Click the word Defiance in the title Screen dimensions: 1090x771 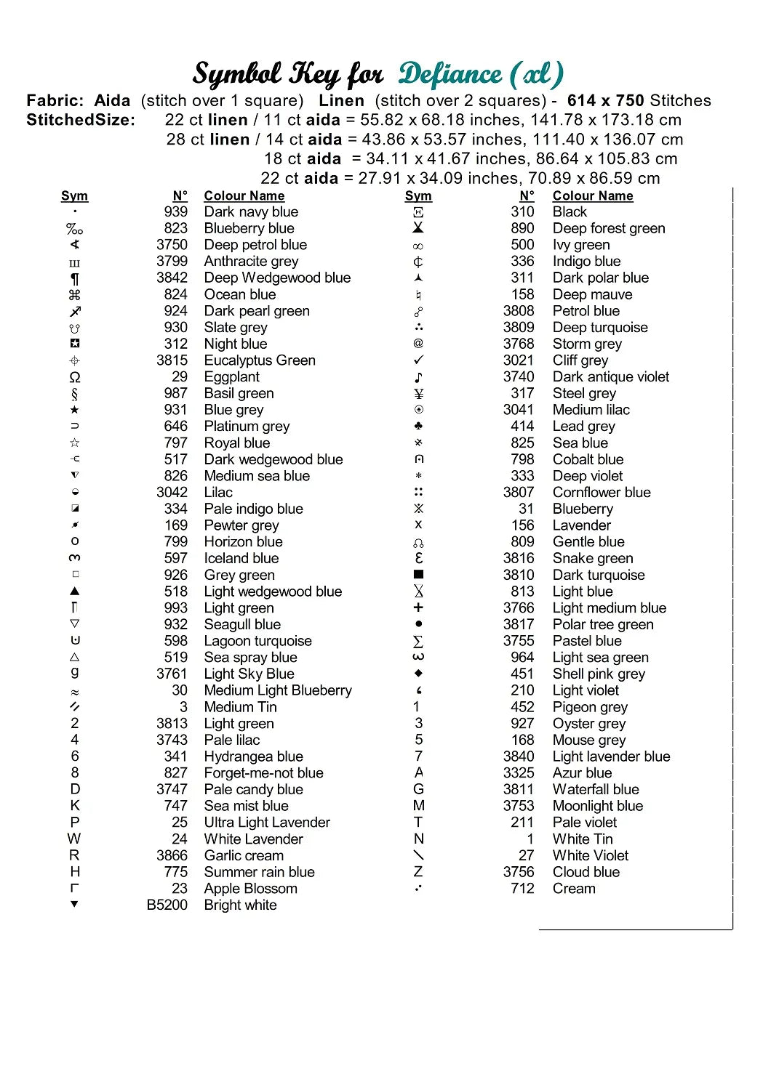(450, 74)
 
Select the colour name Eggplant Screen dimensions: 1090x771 (231, 377)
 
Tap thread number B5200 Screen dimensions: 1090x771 (167, 905)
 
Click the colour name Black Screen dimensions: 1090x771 (570, 212)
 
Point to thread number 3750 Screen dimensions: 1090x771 (172, 245)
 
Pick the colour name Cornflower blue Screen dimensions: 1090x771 (602, 493)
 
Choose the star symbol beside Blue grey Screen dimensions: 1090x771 (75, 411)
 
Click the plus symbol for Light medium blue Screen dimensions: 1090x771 (418, 607)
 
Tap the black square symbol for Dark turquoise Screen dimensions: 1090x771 (418, 575)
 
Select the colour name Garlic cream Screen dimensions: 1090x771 (244, 856)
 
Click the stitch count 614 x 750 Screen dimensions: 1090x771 (606, 101)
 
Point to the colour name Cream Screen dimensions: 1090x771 (574, 889)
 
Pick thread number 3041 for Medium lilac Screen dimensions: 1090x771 (519, 410)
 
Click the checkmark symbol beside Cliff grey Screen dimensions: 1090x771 (418, 360)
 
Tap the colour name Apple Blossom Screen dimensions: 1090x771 (250, 889)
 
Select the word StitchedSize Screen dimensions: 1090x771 (80, 121)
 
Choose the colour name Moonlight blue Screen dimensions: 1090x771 (598, 806)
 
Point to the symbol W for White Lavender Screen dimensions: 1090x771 (74, 839)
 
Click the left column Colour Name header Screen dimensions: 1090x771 (244, 196)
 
